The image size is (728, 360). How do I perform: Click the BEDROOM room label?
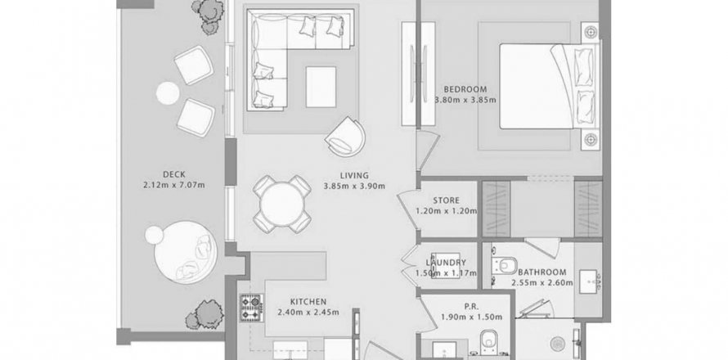(465, 89)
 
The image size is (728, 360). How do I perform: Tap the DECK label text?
(174, 174)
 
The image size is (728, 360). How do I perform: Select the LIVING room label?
(354, 176)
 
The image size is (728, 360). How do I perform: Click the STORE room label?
(446, 200)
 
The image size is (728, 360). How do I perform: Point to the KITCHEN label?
(308, 301)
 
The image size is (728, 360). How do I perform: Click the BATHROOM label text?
(542, 272)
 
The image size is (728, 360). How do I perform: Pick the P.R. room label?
(471, 307)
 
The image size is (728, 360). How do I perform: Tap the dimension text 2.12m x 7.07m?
(174, 186)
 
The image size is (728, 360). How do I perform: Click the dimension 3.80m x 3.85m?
(465, 100)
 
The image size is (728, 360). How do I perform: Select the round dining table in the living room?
(282, 204)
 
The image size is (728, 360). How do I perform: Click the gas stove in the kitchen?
(252, 308)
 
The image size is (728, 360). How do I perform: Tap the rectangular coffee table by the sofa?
(321, 87)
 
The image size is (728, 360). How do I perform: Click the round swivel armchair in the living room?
(345, 137)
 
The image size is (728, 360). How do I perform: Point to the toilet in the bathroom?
(505, 266)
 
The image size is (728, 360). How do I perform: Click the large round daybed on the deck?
(186, 252)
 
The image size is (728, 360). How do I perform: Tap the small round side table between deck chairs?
(168, 93)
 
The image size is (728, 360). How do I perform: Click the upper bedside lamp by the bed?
(590, 32)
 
